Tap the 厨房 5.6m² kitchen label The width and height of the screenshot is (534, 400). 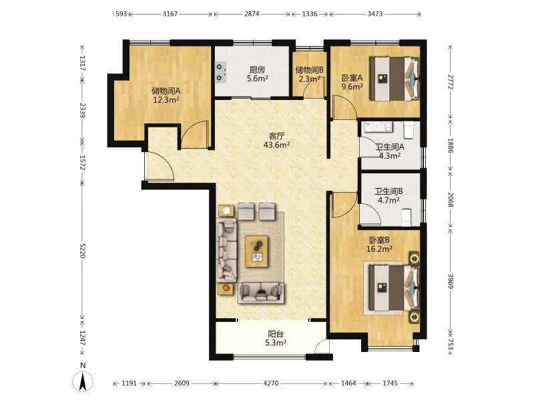click(x=257, y=74)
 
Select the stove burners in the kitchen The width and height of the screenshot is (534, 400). click(x=221, y=73)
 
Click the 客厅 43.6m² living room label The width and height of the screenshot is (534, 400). click(x=276, y=141)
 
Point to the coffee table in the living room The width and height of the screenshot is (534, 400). click(x=256, y=252)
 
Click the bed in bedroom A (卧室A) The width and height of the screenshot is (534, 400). click(x=394, y=79)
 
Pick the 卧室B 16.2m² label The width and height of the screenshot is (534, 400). click(x=379, y=245)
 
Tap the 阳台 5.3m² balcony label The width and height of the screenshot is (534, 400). click(x=276, y=338)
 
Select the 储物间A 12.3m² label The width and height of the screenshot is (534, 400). click(x=166, y=95)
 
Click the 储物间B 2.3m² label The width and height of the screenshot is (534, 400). click(x=309, y=75)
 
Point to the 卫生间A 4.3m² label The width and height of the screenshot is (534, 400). click(x=390, y=151)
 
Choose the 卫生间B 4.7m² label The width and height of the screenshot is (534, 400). click(x=388, y=195)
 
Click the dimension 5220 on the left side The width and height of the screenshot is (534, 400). click(x=82, y=251)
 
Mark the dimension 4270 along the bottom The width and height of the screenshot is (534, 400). click(x=271, y=383)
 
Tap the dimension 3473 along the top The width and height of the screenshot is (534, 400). click(x=375, y=14)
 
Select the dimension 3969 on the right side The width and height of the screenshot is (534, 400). click(x=451, y=281)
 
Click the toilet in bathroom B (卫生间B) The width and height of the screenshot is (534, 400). click(x=407, y=217)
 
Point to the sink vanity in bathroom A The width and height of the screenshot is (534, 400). click(x=378, y=127)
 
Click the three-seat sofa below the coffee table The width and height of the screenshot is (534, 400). click(x=261, y=293)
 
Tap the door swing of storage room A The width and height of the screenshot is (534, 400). click(x=194, y=135)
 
